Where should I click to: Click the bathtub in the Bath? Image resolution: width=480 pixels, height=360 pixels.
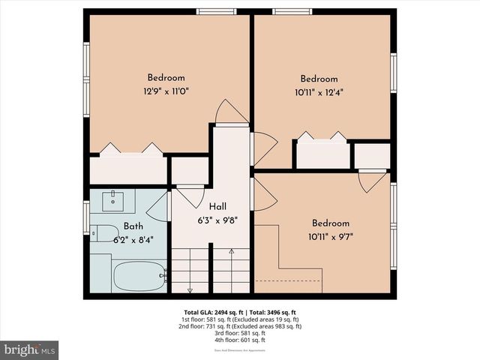pyautogui.click(x=139, y=276)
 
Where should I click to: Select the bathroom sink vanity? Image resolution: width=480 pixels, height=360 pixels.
pyautogui.click(x=113, y=200)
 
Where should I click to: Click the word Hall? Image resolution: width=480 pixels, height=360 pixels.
pyautogui.click(x=217, y=206)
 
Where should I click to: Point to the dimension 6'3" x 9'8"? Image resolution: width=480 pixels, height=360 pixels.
pyautogui.click(x=217, y=220)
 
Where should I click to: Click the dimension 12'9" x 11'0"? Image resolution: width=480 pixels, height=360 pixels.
pyautogui.click(x=166, y=91)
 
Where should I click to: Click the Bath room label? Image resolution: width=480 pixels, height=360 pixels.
pyautogui.click(x=133, y=226)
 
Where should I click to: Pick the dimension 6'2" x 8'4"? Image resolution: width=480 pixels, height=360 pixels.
pyautogui.click(x=133, y=240)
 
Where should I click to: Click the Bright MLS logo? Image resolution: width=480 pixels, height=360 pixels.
pyautogui.click(x=30, y=349)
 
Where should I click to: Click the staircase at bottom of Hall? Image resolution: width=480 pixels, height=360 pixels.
pyautogui.click(x=211, y=271)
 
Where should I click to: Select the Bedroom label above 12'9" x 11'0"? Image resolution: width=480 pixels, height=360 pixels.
pyautogui.click(x=166, y=78)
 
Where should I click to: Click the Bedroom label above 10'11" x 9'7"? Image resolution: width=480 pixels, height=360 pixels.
pyautogui.click(x=331, y=223)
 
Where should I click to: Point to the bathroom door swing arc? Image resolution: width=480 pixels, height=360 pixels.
pyautogui.click(x=159, y=205)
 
